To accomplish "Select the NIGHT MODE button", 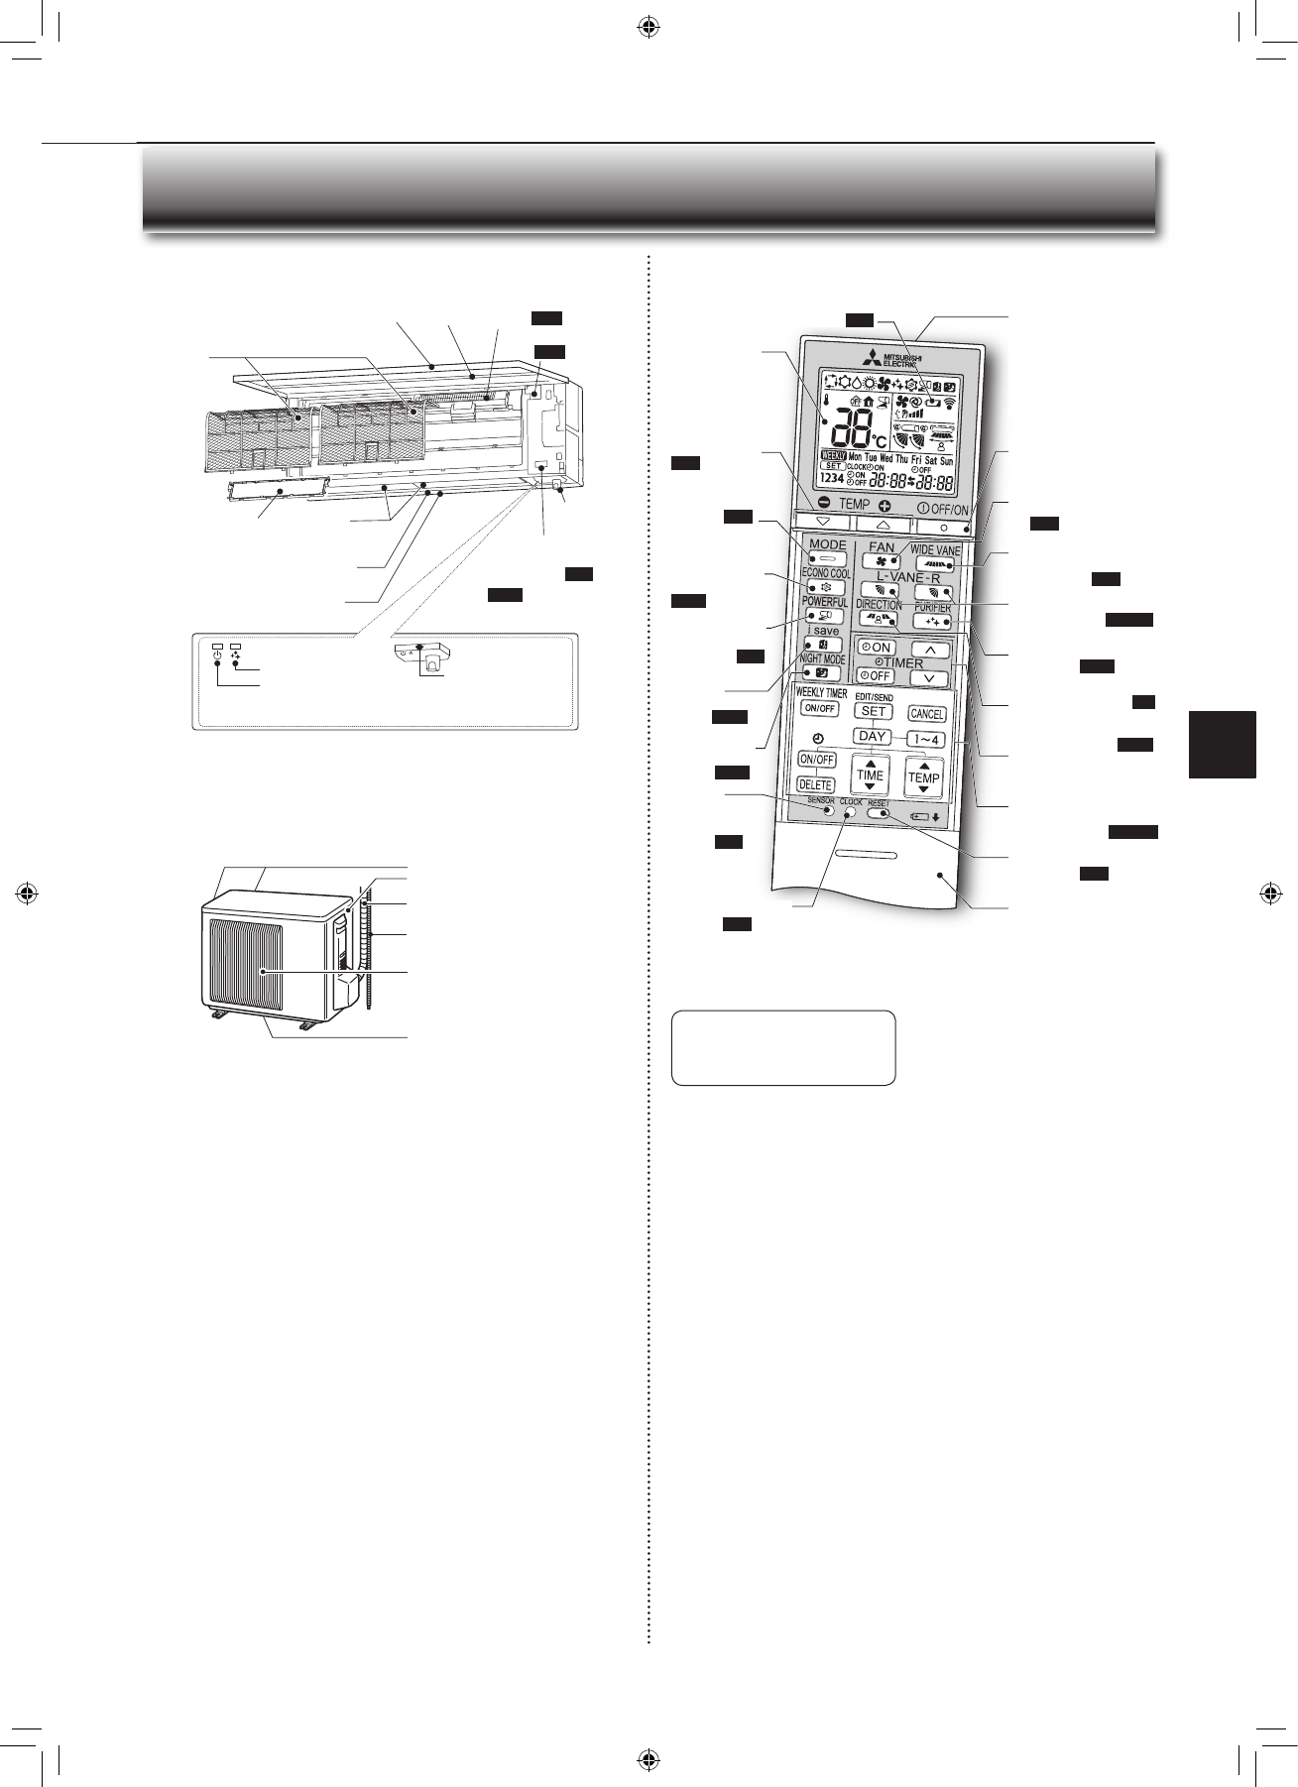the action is coord(821,673).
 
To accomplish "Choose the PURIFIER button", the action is coord(932,622).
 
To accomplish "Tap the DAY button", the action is coord(873,737).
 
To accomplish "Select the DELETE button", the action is coord(816,784).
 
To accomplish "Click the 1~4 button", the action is coord(925,739).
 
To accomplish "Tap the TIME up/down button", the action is coord(870,774).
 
